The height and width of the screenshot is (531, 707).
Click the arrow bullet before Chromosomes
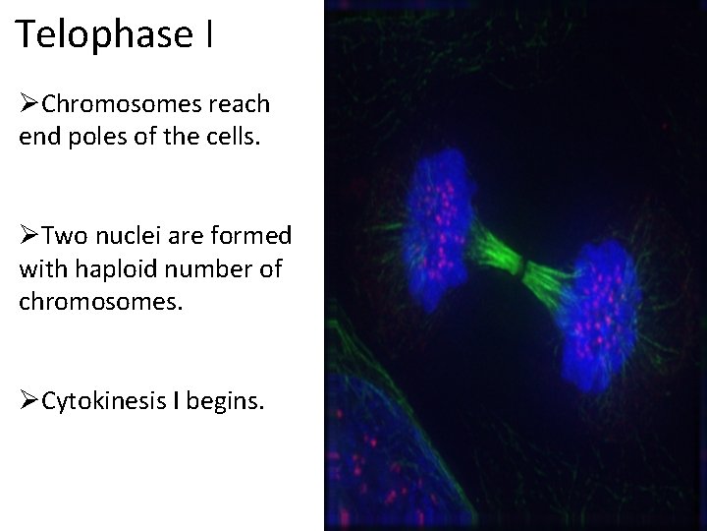click(x=29, y=104)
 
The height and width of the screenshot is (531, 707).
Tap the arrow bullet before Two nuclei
click(x=29, y=237)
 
